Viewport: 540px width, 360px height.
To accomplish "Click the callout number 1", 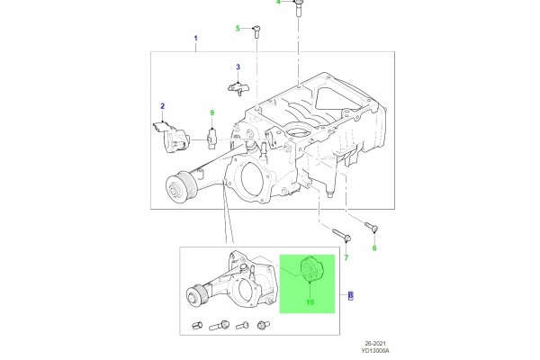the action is click(196, 38).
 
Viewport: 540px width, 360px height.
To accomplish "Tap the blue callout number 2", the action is click(163, 106).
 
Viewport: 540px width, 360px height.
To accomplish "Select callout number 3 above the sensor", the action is click(238, 67).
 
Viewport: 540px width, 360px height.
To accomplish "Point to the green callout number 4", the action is click(279, 3).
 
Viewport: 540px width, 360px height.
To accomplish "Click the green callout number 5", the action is click(238, 28).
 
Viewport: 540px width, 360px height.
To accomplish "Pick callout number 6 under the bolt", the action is click(374, 248).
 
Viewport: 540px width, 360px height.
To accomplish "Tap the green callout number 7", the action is click(346, 257).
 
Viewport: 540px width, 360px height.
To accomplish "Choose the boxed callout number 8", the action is click(351, 295).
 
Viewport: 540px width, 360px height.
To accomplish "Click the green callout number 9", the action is click(212, 112).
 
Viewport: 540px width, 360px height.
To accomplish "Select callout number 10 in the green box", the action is click(310, 302).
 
